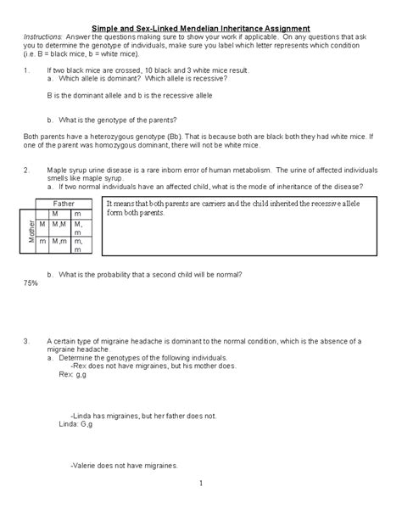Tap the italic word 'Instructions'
[x=42, y=38]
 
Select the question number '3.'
[x=28, y=341]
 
